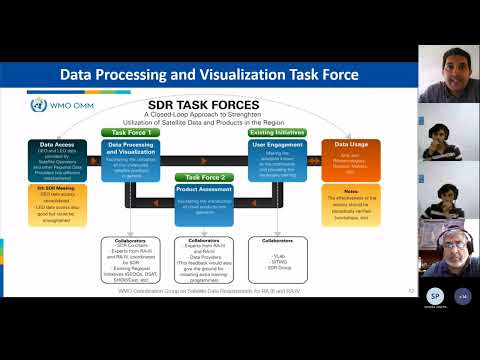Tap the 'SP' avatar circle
(435, 297)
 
